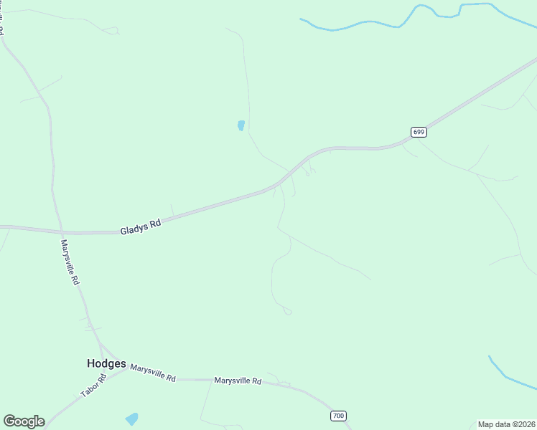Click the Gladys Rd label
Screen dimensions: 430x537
click(141, 226)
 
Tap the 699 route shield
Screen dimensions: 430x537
click(419, 132)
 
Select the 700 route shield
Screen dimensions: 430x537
click(339, 416)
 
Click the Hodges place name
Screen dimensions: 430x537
click(106, 363)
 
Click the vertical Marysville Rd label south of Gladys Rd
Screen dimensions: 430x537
click(70, 262)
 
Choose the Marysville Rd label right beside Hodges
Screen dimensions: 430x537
click(153, 371)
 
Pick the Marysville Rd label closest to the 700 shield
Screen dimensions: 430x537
click(238, 381)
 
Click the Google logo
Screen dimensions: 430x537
click(24, 421)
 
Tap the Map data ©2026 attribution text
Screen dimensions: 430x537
click(507, 424)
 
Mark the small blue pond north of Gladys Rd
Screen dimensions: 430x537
click(241, 125)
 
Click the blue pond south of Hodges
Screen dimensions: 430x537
click(131, 419)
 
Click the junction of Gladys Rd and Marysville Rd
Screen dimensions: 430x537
click(62, 232)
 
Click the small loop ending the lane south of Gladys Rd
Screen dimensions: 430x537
click(288, 311)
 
